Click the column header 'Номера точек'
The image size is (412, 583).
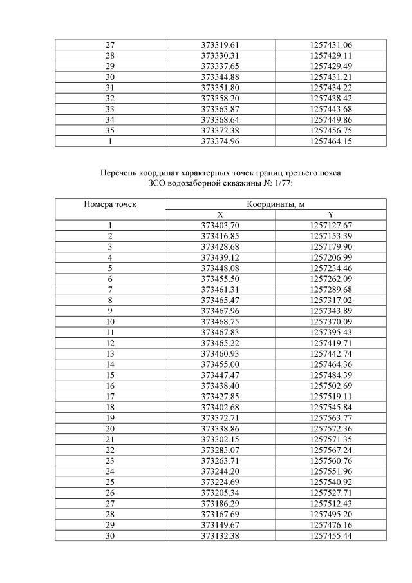[110, 204]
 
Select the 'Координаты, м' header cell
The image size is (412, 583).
[276, 204]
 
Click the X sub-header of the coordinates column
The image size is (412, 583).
[220, 215]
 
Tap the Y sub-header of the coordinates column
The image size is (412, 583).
[331, 215]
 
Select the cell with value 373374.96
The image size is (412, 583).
[220, 141]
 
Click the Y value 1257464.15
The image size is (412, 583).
[331, 141]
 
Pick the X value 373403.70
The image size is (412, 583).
[220, 225]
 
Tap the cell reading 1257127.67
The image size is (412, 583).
[331, 225]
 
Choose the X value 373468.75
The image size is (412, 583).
[220, 321]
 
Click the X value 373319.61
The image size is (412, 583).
[220, 45]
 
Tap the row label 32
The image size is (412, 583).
[110, 99]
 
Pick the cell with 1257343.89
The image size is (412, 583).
[331, 310]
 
